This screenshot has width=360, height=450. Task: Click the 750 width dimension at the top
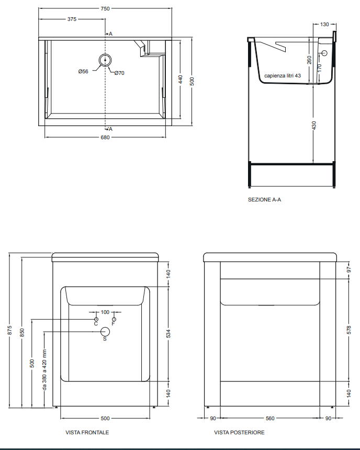click(x=105, y=8)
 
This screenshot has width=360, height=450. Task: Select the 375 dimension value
click(x=72, y=19)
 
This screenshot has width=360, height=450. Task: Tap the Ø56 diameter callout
click(x=83, y=71)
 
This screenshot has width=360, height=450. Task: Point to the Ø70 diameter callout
click(x=119, y=73)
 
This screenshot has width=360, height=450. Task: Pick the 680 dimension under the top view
click(x=105, y=137)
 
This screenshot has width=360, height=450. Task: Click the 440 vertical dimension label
click(x=181, y=80)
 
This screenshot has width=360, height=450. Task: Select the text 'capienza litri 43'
click(x=283, y=75)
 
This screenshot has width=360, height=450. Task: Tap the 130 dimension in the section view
click(x=324, y=25)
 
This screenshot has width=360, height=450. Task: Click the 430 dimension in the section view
click(x=314, y=126)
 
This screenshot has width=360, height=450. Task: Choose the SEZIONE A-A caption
click(x=264, y=199)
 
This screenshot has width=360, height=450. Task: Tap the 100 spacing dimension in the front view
click(x=105, y=312)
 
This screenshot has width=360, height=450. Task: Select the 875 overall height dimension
click(x=10, y=330)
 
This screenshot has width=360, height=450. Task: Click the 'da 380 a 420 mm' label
click(x=44, y=369)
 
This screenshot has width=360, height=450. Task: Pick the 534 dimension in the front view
click(x=168, y=333)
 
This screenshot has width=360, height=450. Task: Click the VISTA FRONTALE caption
click(x=87, y=433)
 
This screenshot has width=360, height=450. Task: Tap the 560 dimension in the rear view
click(x=270, y=418)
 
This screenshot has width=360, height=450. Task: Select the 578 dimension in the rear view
click(x=349, y=330)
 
